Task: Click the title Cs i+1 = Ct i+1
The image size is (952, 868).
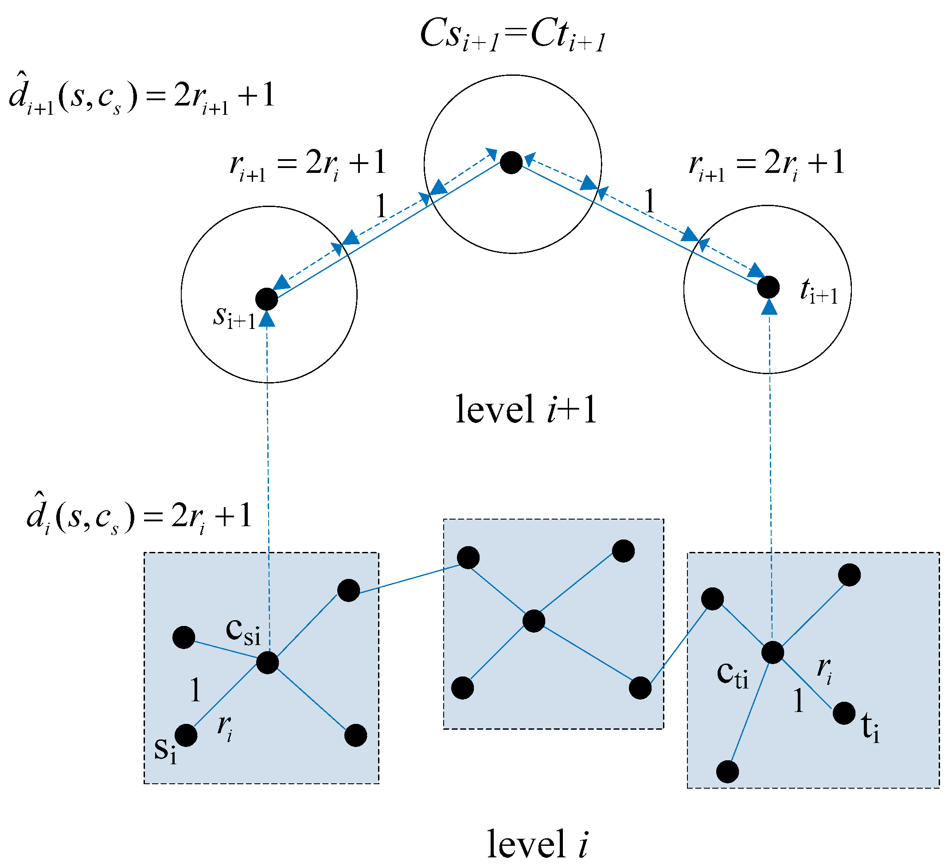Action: pyautogui.click(x=512, y=36)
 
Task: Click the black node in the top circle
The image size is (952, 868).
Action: pyautogui.click(x=511, y=162)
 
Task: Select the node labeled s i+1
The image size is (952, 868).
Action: pyautogui.click(x=266, y=299)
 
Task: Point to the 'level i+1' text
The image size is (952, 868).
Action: pyautogui.click(x=526, y=410)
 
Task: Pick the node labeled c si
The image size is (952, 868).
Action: pyautogui.click(x=267, y=663)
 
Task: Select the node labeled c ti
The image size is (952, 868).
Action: pyautogui.click(x=773, y=653)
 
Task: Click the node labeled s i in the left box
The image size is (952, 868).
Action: pyautogui.click(x=186, y=735)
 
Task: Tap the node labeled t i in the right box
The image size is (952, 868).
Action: pyautogui.click(x=844, y=713)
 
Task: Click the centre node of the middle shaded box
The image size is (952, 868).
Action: pyautogui.click(x=534, y=621)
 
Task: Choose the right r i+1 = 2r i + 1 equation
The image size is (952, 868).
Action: pyautogui.click(x=766, y=164)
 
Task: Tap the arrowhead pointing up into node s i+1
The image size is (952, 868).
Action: pyautogui.click(x=267, y=320)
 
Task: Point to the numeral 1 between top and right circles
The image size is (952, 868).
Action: pyautogui.click(x=650, y=201)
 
